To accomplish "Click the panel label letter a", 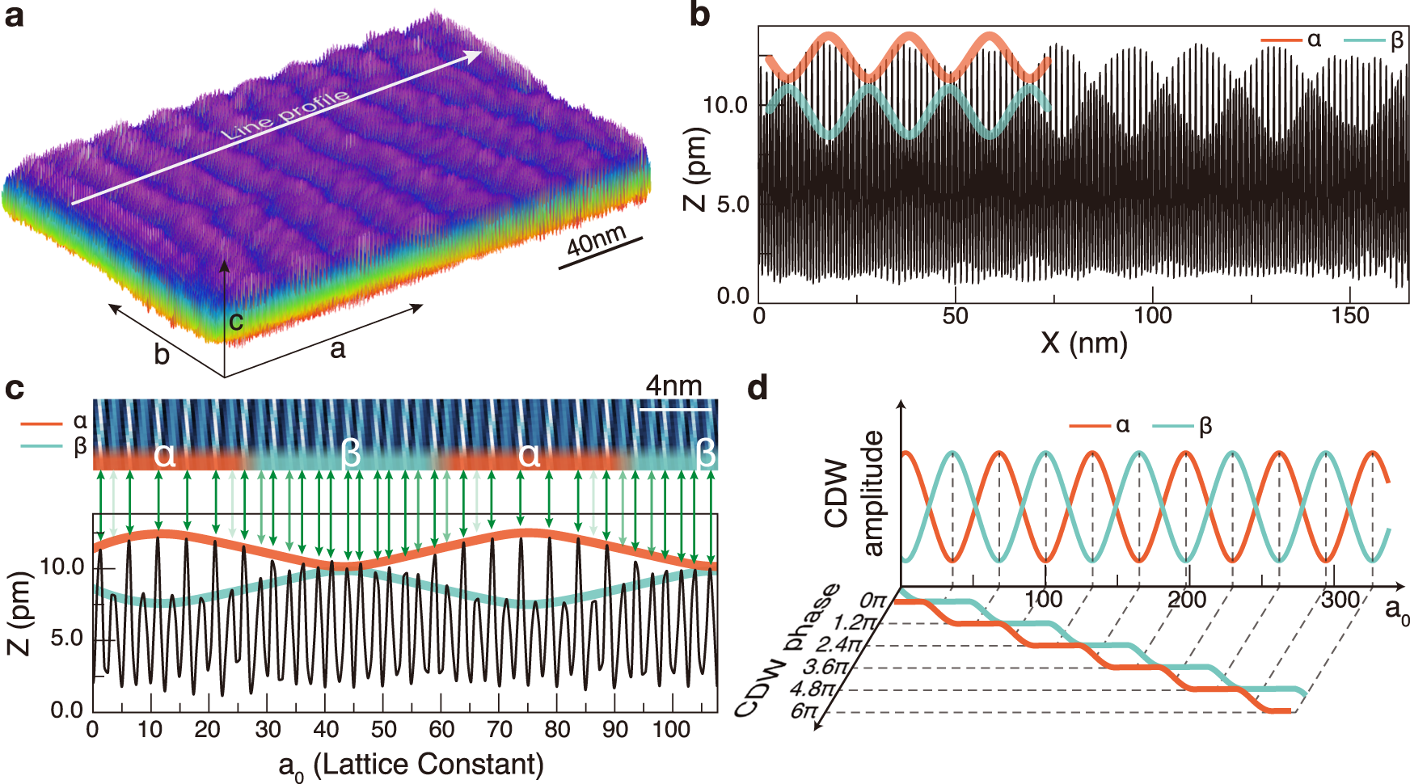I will point(14,15).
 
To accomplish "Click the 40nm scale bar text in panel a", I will point(596,240).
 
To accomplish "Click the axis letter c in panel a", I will point(235,322).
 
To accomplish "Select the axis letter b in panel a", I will point(163,354).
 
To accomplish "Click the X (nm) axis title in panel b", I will point(1083,343).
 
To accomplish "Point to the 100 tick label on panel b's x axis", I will point(1152,315).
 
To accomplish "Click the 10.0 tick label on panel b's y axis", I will point(725,105).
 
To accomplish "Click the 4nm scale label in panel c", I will point(673,386).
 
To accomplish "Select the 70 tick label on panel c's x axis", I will point(499,730).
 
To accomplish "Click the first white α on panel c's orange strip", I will point(164,455).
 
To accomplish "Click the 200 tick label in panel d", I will point(1186,600).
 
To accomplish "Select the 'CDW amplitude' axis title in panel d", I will point(854,493).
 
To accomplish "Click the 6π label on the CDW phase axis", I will point(804,711).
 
